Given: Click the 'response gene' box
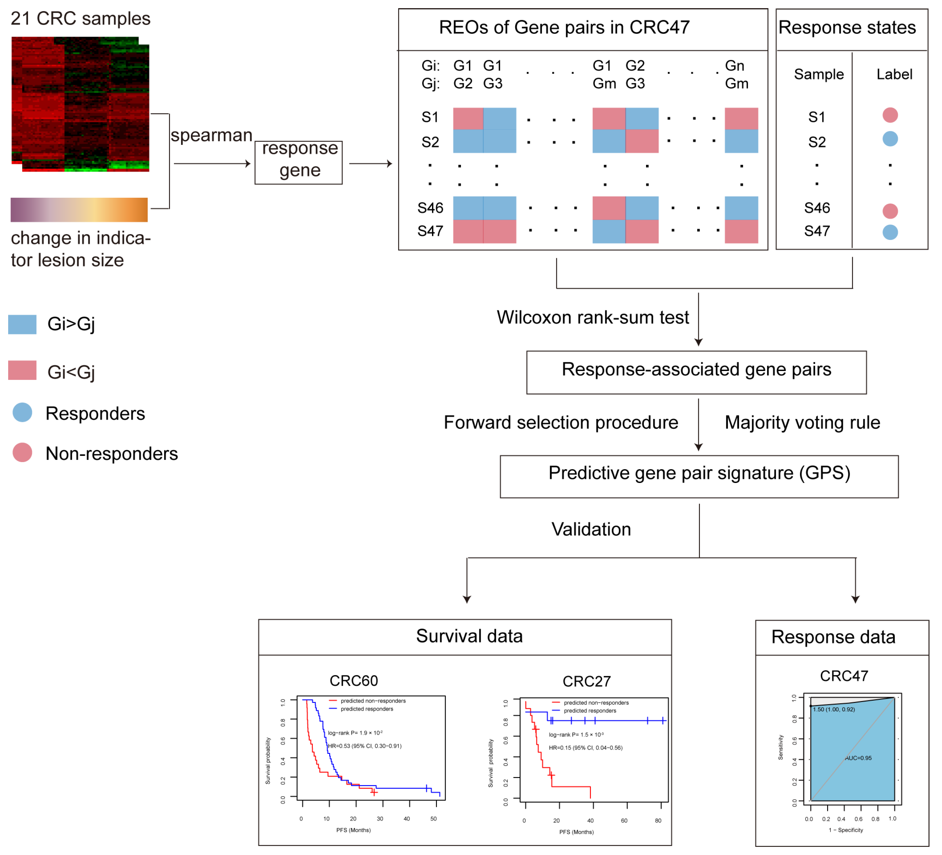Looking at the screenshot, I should point(299,163).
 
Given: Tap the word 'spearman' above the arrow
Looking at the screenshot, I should point(211,135).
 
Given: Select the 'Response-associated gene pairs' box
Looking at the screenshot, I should point(696,372).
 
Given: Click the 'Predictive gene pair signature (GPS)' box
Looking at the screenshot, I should point(699,476).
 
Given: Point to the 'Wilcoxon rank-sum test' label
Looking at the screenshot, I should point(593,318).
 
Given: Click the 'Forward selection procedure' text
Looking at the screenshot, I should point(561,422).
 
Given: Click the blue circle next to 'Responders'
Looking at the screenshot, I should point(23,412).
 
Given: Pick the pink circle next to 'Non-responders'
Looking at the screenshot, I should point(23,452).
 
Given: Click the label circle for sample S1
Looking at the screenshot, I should point(890,115).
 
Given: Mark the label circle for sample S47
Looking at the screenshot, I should point(890,232).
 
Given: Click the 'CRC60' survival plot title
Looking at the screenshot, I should point(354,681).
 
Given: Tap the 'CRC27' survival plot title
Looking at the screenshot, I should point(586,681).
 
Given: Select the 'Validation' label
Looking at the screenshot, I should point(591,529).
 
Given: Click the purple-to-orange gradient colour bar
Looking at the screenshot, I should point(79,210).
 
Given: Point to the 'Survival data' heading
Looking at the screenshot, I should point(469,636).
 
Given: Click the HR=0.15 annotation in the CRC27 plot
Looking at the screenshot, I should point(585,748).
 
